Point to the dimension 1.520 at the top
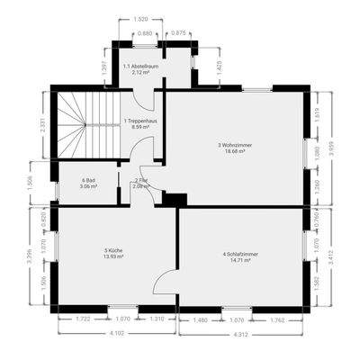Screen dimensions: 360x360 140,19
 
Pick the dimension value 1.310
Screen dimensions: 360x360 157,319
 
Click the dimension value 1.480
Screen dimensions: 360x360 200,319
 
